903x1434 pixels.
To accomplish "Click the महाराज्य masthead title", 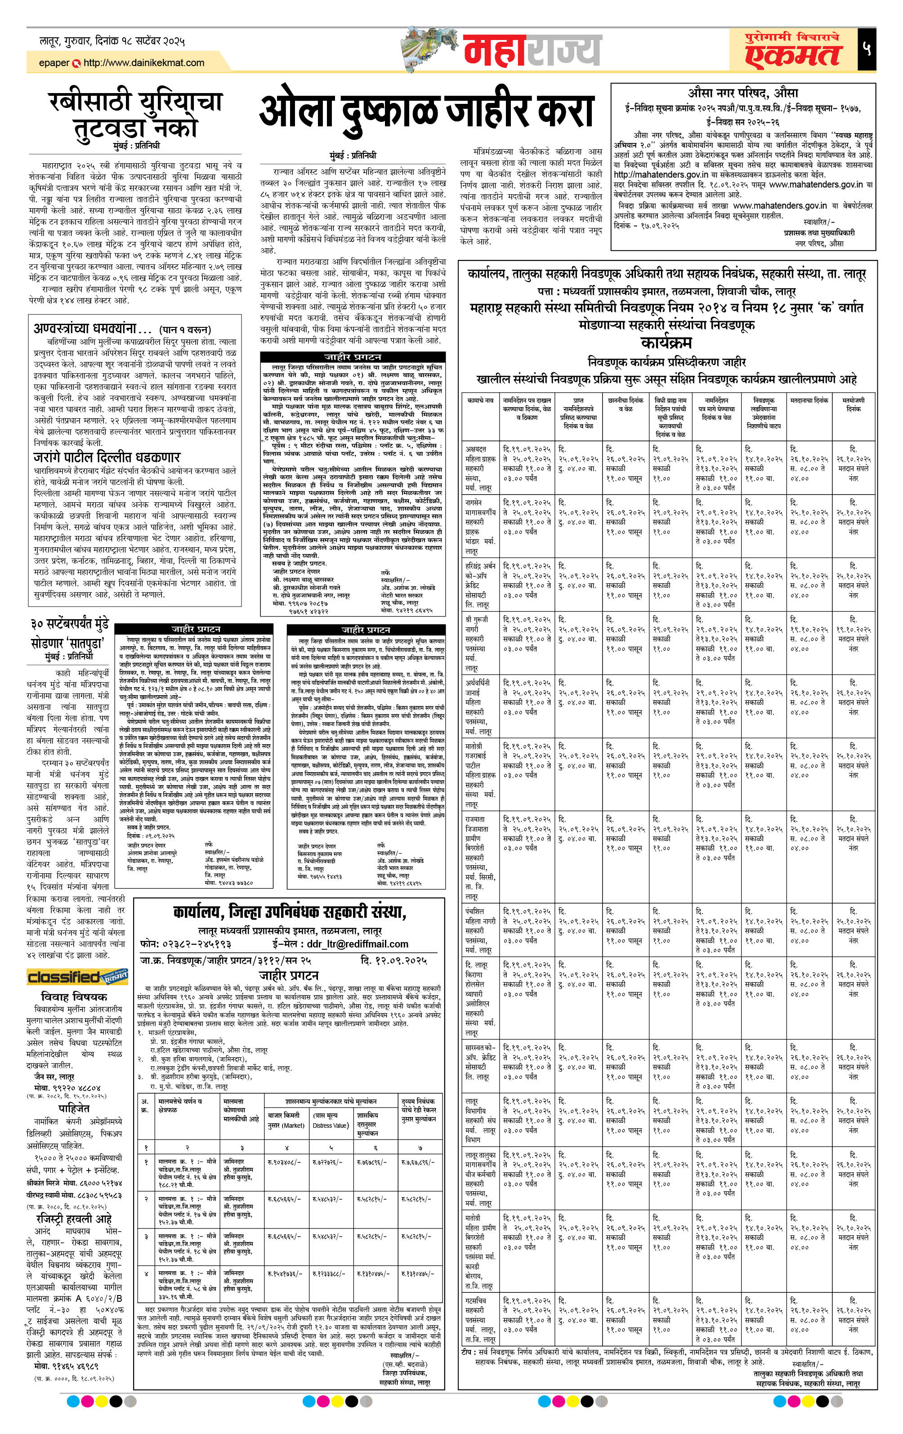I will point(532,50).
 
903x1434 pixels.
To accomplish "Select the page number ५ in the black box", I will point(866,48).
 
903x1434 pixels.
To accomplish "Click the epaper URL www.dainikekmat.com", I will point(143,63).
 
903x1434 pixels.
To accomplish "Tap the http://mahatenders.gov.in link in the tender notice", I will point(661,174).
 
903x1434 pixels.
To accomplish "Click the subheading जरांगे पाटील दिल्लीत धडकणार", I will point(107,457).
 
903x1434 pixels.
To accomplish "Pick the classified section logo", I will point(77,977).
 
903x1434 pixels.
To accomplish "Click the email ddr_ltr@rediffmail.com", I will point(357,944).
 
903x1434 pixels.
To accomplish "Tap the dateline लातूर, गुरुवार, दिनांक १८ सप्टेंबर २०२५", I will point(112,41).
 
